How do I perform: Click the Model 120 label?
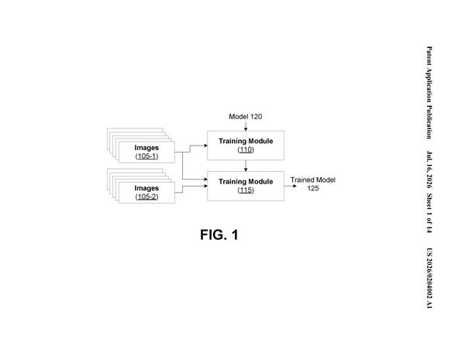tap(245, 117)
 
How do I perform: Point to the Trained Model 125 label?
tap(313, 184)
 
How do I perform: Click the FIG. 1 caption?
tap(219, 235)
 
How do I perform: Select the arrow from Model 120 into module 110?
tap(246, 126)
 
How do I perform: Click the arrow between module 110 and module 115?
tap(246, 166)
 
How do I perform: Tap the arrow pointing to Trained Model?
tap(291, 186)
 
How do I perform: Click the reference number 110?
tap(246, 149)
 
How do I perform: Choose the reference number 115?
tap(246, 190)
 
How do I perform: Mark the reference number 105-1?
tap(146, 156)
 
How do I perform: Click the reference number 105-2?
tap(146, 197)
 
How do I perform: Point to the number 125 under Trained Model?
tap(313, 188)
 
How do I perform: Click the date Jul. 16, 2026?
tap(429, 170)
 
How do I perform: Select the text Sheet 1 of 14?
tap(429, 214)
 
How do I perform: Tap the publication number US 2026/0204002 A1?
tap(429, 278)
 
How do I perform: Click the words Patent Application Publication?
tap(429, 92)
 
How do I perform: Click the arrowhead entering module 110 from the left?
tap(206, 146)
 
